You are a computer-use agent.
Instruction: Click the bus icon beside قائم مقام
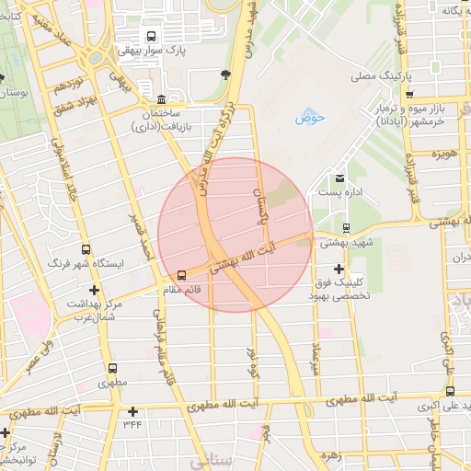point(181,274)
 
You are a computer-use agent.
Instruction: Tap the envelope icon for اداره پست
point(340,178)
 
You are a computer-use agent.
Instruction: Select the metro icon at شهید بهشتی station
point(346,227)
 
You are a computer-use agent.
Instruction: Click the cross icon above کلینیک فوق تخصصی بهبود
point(339,268)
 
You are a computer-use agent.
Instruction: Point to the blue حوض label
point(304,119)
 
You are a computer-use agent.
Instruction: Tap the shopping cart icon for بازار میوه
point(409,94)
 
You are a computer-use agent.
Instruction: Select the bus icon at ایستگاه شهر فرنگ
point(86,248)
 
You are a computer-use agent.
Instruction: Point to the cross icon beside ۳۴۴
point(133,411)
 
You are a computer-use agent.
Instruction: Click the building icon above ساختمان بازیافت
point(162,98)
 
